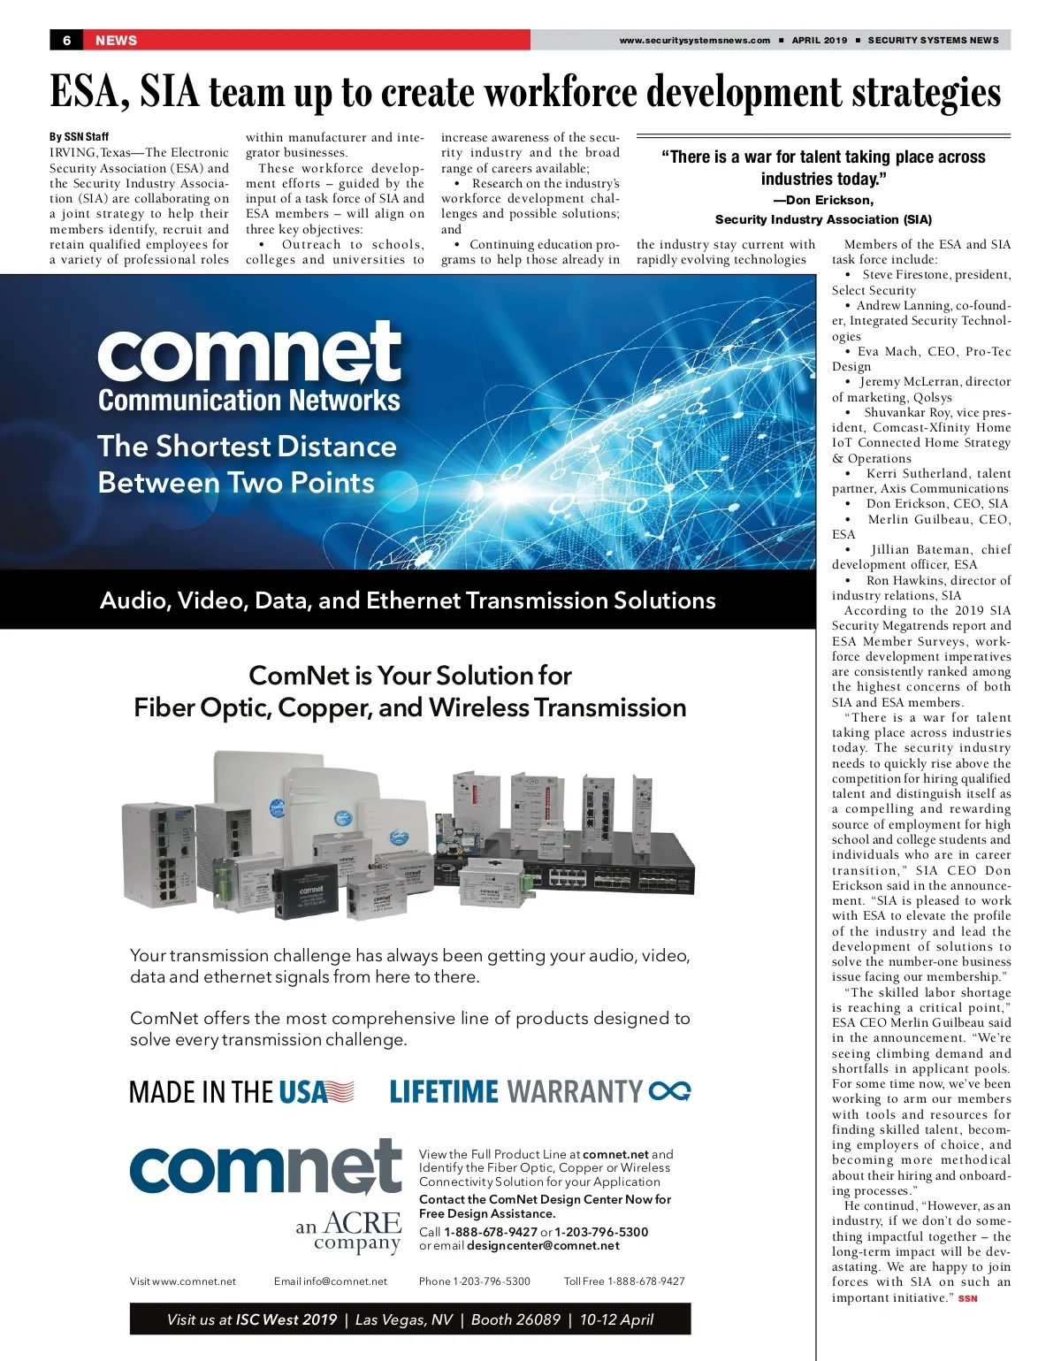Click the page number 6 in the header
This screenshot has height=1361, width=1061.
(x=66, y=40)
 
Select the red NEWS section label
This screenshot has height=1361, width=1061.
(x=116, y=40)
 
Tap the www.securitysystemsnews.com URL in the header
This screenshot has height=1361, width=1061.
(x=694, y=40)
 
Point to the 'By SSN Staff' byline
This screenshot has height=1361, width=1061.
(x=79, y=137)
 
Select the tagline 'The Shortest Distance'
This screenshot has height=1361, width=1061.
(x=247, y=447)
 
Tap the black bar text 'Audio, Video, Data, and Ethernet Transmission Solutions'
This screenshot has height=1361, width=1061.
(x=408, y=600)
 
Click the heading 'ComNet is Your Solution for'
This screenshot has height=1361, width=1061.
(x=409, y=676)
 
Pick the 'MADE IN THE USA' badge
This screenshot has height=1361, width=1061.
(x=241, y=1092)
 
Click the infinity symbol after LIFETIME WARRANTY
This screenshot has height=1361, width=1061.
(x=669, y=1092)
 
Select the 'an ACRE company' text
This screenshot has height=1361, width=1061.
(x=349, y=1232)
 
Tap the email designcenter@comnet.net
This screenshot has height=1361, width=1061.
(x=543, y=1245)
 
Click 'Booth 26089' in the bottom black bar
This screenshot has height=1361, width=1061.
(x=515, y=1319)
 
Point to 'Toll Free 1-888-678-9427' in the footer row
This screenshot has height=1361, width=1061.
(x=624, y=1281)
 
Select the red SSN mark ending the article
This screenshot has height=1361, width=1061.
(x=968, y=1298)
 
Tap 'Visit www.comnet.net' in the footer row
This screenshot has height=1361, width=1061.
(x=183, y=1281)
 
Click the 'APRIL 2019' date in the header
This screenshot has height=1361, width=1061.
(x=819, y=40)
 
